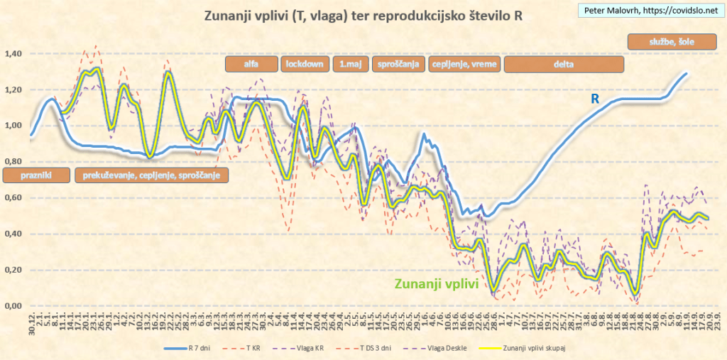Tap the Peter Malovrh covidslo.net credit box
[650, 11]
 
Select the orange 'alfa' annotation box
[251, 64]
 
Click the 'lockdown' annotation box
[305, 64]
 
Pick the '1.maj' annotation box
[349, 64]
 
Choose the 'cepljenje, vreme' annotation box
[465, 64]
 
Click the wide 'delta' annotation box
[564, 64]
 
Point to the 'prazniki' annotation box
[36, 175]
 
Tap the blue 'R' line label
[596, 100]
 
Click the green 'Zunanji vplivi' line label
[435, 284]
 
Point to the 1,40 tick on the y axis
[13, 54]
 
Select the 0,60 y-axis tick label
[13, 198]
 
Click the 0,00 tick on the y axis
[13, 306]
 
